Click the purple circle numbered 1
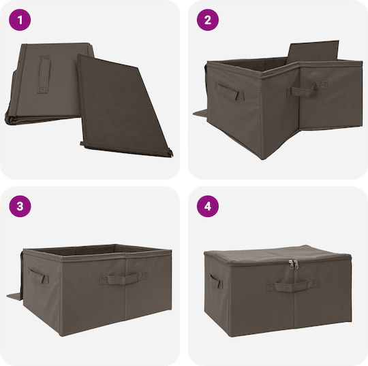(x=20, y=20)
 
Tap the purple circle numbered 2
(x=208, y=20)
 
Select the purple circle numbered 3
(x=20, y=206)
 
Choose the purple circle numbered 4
(x=208, y=206)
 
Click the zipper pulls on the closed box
(x=294, y=265)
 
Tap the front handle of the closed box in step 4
(x=293, y=286)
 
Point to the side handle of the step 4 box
(x=216, y=281)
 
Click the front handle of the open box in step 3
(x=123, y=278)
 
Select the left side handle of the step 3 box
(x=38, y=276)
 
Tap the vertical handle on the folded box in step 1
(x=44, y=74)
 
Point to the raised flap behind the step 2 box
(x=313, y=52)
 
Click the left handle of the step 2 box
(x=230, y=92)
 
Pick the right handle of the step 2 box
(x=307, y=89)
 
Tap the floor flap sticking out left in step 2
(x=200, y=114)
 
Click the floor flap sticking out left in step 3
(x=14, y=297)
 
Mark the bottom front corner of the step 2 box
(x=263, y=159)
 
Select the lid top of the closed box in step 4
(x=277, y=255)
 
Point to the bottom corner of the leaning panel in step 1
(x=172, y=156)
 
